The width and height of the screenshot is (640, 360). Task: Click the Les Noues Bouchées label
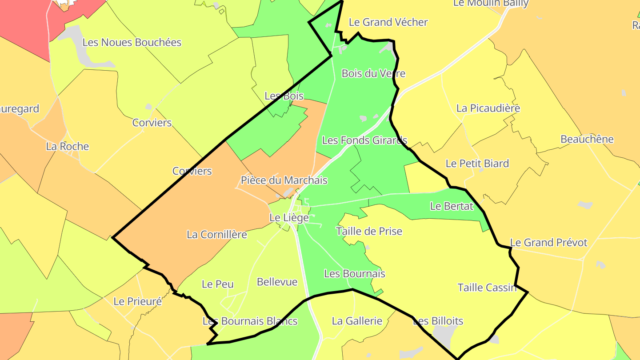click(x=132, y=43)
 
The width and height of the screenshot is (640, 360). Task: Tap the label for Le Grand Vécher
click(x=388, y=22)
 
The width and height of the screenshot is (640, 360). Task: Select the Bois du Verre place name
click(x=373, y=73)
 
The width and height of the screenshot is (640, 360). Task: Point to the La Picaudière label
click(x=488, y=108)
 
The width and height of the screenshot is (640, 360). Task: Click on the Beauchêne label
click(x=587, y=139)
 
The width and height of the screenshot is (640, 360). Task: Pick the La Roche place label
click(x=68, y=146)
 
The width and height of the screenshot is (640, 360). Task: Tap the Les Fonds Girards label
click(x=364, y=140)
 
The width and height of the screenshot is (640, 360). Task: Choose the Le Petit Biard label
click(x=477, y=164)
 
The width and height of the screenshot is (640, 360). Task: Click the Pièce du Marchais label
click(x=284, y=180)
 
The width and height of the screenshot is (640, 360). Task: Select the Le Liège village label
click(x=289, y=218)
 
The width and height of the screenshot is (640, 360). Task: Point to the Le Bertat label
click(x=452, y=206)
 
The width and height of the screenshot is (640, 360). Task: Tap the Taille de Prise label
click(x=369, y=231)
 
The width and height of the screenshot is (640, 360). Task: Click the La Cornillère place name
click(x=216, y=234)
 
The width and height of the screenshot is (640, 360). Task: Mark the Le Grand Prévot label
click(x=548, y=243)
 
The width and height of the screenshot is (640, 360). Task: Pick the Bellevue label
click(x=277, y=282)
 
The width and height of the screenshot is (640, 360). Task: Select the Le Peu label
click(x=217, y=284)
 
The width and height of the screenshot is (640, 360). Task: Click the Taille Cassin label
click(x=487, y=288)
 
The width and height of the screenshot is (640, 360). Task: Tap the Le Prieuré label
click(x=137, y=301)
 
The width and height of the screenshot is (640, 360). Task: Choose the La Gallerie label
click(x=357, y=321)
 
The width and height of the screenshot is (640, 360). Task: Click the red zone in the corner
click(x=22, y=22)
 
